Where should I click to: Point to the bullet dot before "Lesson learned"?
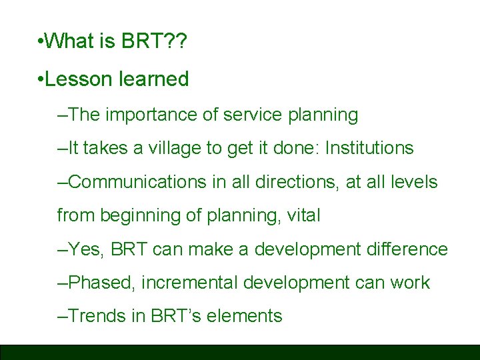point(41,80)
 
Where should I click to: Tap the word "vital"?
point(305,215)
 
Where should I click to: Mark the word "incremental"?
point(190,283)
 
